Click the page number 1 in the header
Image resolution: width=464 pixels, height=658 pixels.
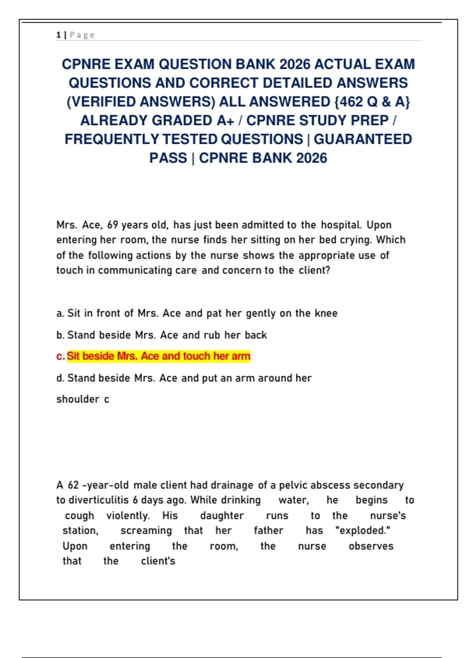58,35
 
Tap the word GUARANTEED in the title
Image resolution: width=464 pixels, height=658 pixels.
363,139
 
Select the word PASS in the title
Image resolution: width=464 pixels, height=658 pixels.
168,158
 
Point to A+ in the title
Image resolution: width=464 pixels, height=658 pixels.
225,121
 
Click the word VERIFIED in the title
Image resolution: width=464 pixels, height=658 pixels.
103,102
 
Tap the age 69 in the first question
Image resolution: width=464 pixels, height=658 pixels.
113,225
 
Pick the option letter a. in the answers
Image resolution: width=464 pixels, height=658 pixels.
60,313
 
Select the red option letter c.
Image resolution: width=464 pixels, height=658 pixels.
60,356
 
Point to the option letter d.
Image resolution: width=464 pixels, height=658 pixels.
60,378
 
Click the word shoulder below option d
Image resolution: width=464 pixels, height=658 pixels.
78,399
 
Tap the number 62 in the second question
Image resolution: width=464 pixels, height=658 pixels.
73,485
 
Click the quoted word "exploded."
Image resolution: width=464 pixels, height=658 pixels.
363,530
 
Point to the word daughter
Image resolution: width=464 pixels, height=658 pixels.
222,516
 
